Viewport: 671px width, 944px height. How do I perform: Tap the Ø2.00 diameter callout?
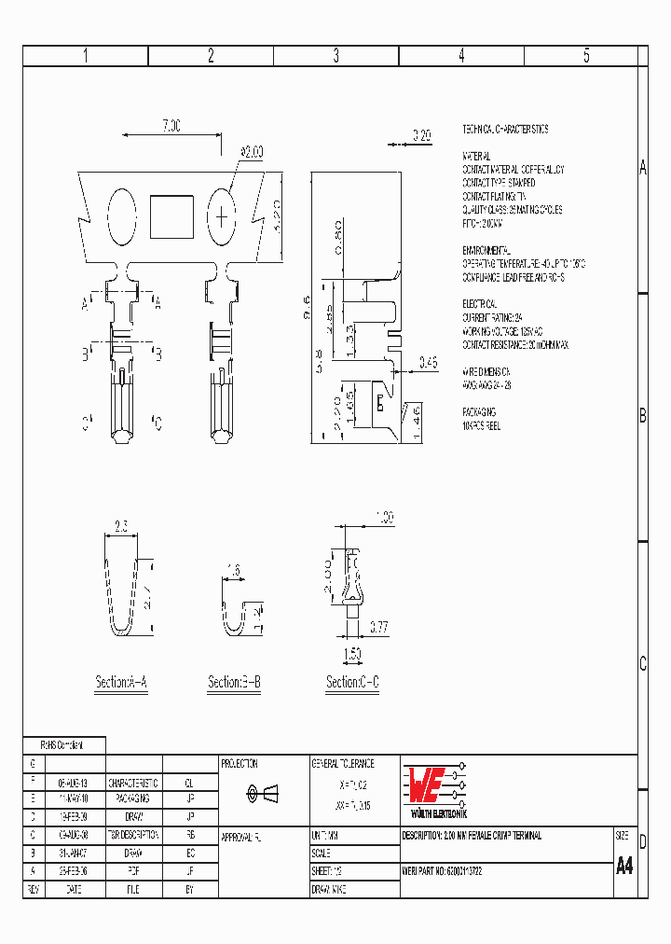click(252, 151)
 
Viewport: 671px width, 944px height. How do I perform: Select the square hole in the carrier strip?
click(171, 215)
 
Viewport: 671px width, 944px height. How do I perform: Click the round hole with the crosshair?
click(222, 216)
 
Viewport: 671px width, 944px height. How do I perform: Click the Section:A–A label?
click(121, 683)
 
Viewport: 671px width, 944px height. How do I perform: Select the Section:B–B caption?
click(234, 683)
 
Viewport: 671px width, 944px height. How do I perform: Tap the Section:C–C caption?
click(352, 683)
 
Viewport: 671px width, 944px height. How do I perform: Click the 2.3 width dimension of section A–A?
click(121, 526)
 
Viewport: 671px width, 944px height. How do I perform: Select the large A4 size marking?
click(624, 866)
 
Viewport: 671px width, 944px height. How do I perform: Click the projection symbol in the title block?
click(263, 793)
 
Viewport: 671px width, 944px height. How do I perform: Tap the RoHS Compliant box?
click(63, 745)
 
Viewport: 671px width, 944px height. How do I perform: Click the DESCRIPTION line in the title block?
click(472, 836)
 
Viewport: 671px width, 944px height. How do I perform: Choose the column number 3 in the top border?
click(335, 56)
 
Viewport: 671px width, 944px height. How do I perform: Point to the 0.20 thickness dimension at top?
click(421, 135)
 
